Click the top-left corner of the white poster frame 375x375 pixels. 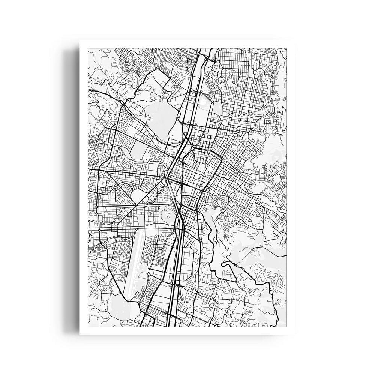pyautogui.click(x=80, y=41)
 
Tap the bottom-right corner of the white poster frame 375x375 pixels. pyautogui.click(x=295, y=333)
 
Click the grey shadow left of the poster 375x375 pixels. pyautogui.click(x=73, y=187)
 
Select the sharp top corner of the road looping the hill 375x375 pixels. pyautogui.click(x=154, y=71)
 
